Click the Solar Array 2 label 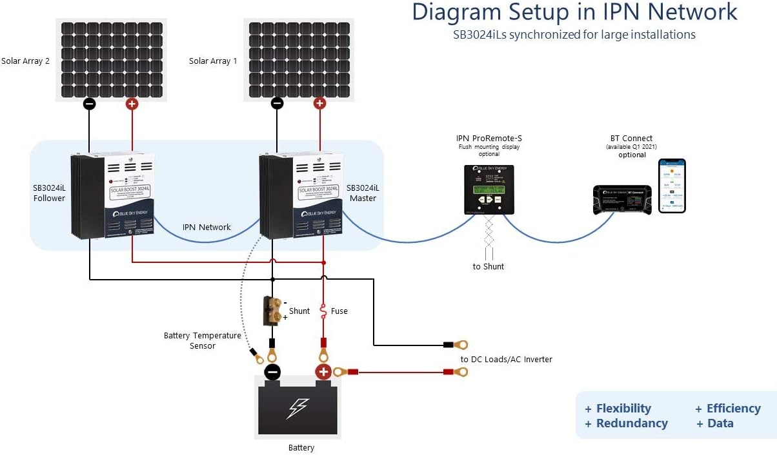[26, 61]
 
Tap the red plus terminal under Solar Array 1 [319, 103]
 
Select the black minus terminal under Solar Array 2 [90, 104]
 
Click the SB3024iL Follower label [49, 193]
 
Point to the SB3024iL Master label [363, 193]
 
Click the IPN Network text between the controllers [207, 227]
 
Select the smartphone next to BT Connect [672, 186]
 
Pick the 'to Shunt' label [489, 266]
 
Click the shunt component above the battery [272, 311]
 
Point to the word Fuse [339, 311]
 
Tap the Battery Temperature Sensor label [202, 341]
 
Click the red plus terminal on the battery [323, 371]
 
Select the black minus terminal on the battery [272, 372]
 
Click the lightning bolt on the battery [298, 408]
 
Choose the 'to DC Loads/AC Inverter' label [506, 359]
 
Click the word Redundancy [631, 423]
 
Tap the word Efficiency [733, 408]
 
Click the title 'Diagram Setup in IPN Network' [574, 12]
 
